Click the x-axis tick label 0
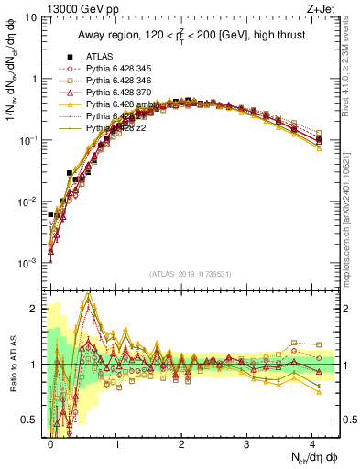[x=51, y=442]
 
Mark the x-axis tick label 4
[x=312, y=442]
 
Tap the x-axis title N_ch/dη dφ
[x=306, y=457]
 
